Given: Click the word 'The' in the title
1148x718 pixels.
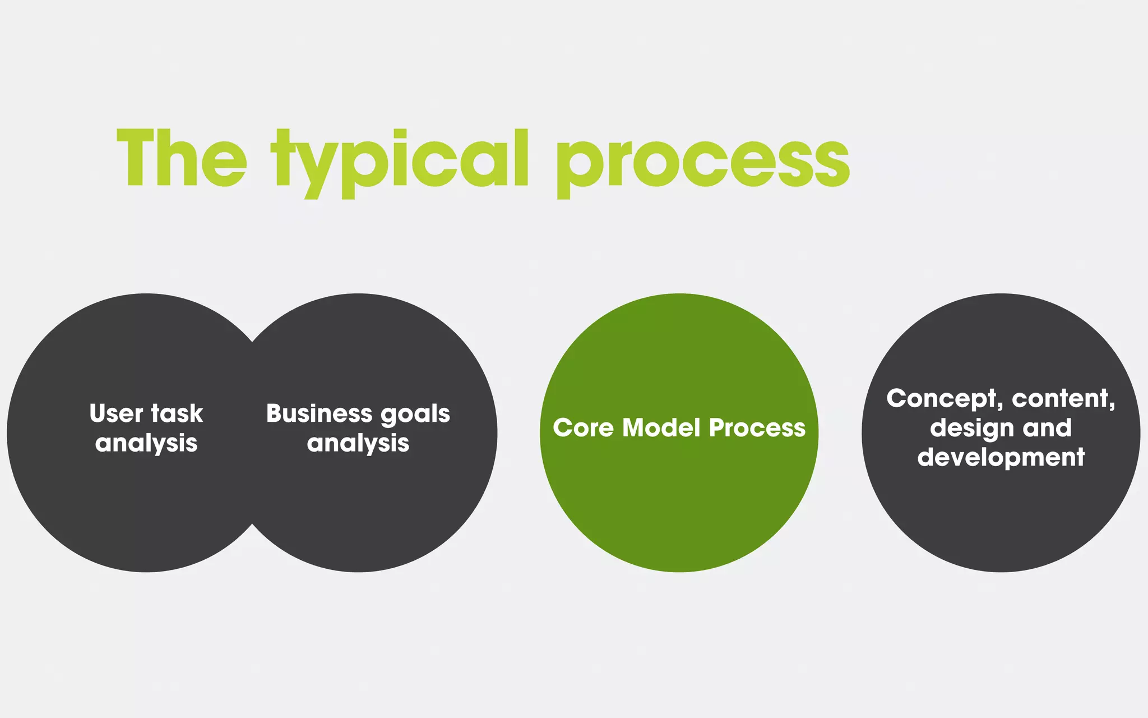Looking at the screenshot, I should pyautogui.click(x=181, y=158).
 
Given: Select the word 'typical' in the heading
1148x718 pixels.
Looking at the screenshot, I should pyautogui.click(x=400, y=163).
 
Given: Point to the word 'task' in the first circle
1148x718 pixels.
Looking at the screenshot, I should pyautogui.click(x=177, y=413).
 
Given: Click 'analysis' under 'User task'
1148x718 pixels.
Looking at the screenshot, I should pyautogui.click(x=146, y=443).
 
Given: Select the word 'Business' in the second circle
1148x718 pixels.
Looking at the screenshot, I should pyautogui.click(x=320, y=413).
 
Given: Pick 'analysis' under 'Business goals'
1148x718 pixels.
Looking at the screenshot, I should pyautogui.click(x=358, y=443).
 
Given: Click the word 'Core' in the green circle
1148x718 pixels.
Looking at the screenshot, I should pyautogui.click(x=583, y=428).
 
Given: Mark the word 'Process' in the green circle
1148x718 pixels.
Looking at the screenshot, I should pyautogui.click(x=757, y=428).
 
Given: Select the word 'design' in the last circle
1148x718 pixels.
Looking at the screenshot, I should pyautogui.click(x=972, y=429).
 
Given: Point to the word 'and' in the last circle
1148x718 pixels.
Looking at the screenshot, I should pyautogui.click(x=1047, y=428).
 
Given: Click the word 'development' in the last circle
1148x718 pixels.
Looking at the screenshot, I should pyautogui.click(x=1001, y=457).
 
